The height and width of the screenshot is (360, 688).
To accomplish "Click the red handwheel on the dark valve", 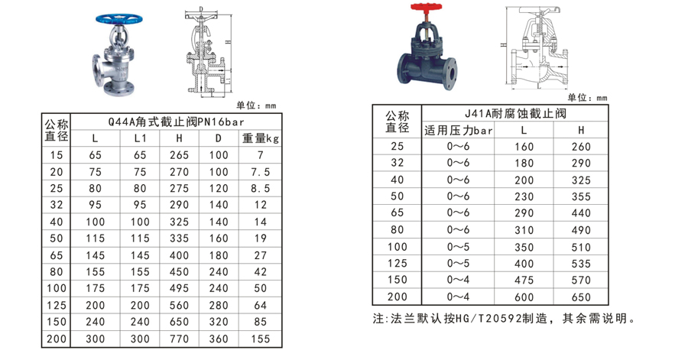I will (422, 8).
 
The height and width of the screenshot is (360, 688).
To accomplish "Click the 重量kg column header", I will (261, 138).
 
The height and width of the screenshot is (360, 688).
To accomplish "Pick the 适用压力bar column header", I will (459, 130).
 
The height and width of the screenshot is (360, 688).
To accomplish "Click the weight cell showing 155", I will (261, 336).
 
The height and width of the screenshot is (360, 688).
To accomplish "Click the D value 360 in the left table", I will (219, 336).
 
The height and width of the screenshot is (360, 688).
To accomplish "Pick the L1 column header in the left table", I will (139, 138).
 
